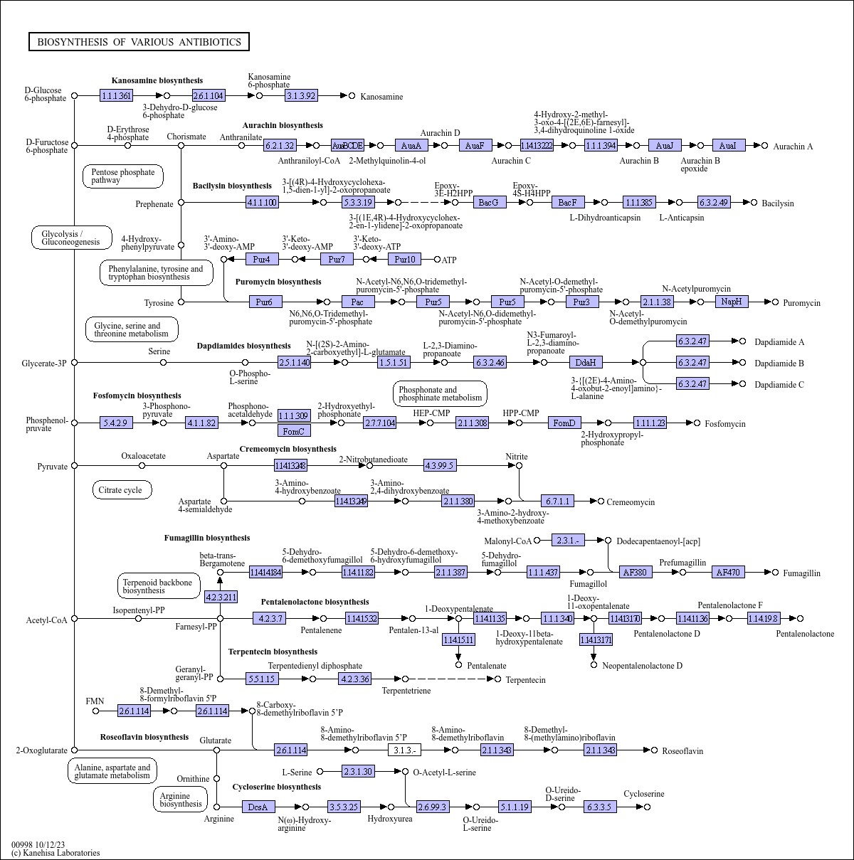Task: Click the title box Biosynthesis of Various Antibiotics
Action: point(139,42)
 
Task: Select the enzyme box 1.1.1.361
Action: point(116,95)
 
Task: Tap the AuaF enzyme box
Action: point(475,146)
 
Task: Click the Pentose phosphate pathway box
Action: point(123,176)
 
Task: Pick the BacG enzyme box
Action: point(489,203)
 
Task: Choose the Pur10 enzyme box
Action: point(404,259)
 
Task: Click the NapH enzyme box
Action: point(732,302)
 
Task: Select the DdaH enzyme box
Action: point(586,362)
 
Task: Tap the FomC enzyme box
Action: point(294,431)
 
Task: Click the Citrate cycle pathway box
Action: point(121,490)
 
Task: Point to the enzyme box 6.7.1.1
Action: point(557,501)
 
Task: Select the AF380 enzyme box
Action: point(635,573)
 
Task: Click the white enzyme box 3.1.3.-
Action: point(404,750)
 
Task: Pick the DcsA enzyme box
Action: point(258,807)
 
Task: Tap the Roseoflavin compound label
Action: point(682,751)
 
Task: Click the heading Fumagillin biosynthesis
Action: point(207,538)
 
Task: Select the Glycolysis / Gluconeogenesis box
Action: point(71,238)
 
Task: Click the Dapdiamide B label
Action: point(779,363)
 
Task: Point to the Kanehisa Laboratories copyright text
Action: point(56,853)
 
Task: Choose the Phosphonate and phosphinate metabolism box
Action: point(440,394)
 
